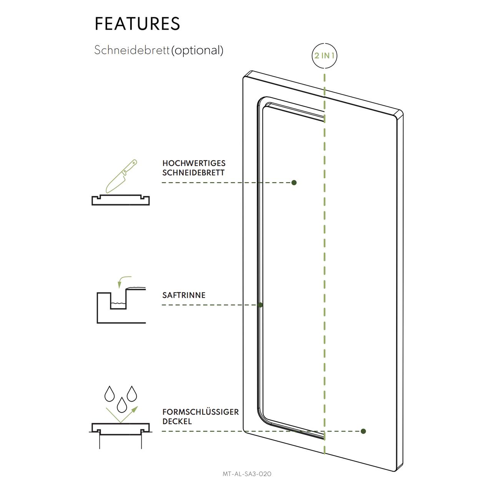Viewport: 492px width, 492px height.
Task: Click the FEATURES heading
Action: (x=137, y=23)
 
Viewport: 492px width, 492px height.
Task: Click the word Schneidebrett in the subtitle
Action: (x=132, y=50)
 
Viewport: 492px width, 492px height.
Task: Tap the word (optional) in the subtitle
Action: (x=197, y=50)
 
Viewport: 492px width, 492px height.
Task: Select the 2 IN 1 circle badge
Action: (x=324, y=55)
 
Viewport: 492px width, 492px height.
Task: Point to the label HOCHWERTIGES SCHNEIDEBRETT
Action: (x=193, y=168)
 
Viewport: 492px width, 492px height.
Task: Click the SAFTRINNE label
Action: (x=184, y=295)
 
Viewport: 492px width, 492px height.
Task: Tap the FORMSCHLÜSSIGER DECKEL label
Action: (x=200, y=416)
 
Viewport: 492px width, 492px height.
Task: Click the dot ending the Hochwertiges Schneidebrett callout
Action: (x=294, y=183)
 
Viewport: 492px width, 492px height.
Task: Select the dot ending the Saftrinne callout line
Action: (x=260, y=305)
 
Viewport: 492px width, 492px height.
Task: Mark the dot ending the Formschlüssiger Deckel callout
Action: (x=363, y=431)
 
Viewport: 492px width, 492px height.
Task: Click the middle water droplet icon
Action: (x=122, y=404)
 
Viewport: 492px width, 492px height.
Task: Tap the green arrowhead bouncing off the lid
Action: (x=135, y=408)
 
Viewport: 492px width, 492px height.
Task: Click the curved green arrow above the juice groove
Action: (x=124, y=281)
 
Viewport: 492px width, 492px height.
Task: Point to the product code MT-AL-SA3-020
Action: (x=247, y=474)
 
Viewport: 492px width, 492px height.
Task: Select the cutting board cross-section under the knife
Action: (x=121, y=200)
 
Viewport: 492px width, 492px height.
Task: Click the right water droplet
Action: (x=132, y=393)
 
